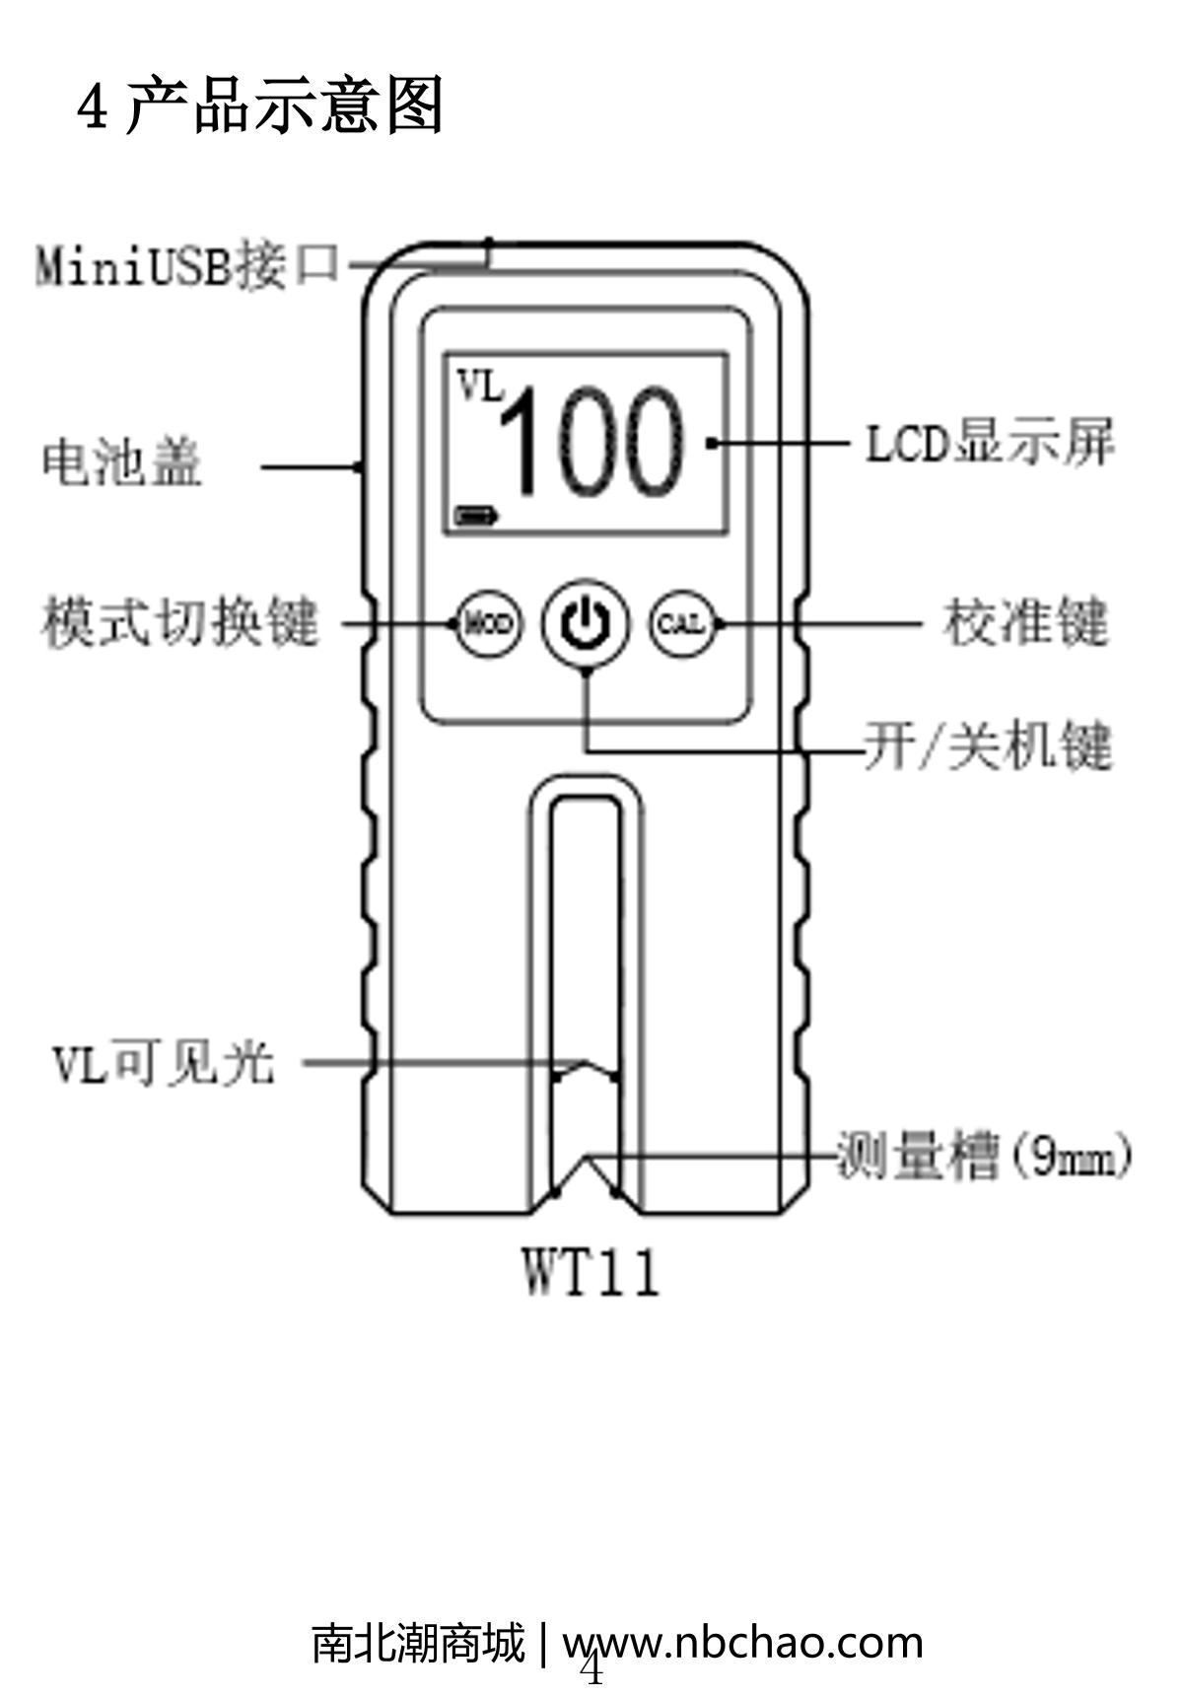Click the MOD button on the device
[489, 623]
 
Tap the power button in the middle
[586, 622]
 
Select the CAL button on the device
[681, 623]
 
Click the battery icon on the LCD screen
[477, 515]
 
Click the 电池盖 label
[122, 462]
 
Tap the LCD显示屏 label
[990, 443]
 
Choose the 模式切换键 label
[181, 622]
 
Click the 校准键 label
[1026, 623]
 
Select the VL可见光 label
[164, 1064]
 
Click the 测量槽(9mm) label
[984, 1155]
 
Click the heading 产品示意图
[285, 106]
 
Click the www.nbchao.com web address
[742, 1643]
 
